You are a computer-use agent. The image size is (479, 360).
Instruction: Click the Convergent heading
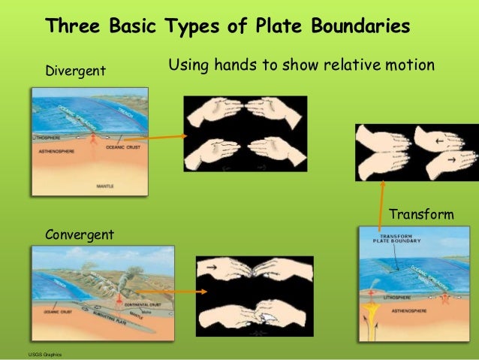(x=80, y=235)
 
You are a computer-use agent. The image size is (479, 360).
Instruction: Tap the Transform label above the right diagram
(x=421, y=215)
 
